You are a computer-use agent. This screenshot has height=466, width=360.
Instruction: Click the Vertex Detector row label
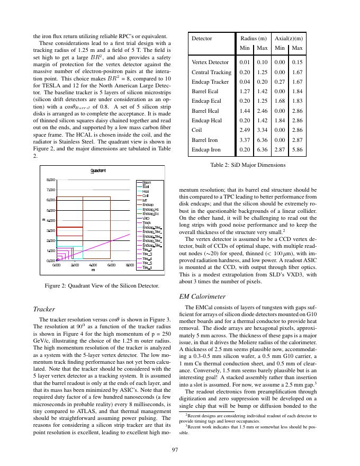click(210, 62)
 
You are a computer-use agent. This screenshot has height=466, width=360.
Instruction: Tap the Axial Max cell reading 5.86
click(297, 150)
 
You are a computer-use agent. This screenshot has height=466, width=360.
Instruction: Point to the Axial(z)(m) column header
click(289, 39)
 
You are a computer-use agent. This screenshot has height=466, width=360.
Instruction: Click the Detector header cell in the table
click(202, 39)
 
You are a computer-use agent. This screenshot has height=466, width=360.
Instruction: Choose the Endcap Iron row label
click(206, 150)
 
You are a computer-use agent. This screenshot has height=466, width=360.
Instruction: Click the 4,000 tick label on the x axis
click(93, 265)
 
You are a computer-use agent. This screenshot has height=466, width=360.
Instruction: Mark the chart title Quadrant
click(98, 171)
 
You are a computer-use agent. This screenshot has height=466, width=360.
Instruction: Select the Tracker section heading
click(44, 309)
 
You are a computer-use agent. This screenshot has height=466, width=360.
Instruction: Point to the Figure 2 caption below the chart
click(102, 286)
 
